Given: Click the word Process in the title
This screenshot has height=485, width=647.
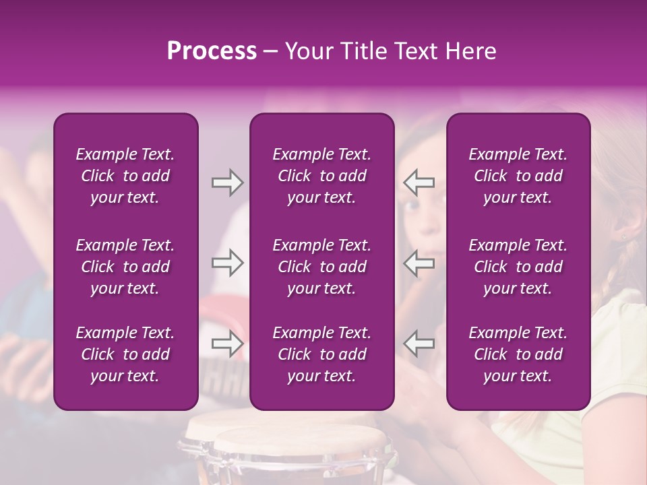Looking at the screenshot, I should (x=212, y=51).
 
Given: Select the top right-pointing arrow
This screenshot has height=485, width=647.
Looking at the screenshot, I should (x=227, y=183).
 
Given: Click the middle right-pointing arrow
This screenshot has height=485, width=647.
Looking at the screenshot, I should (x=227, y=263).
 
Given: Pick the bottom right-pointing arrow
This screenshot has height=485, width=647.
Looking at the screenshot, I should (x=227, y=344).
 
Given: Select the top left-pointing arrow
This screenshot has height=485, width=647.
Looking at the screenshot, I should (x=419, y=183).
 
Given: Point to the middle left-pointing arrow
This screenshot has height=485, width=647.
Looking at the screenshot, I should (x=419, y=263).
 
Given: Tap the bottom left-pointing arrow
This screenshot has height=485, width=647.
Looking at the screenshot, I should (x=419, y=344).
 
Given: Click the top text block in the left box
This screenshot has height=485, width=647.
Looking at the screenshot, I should (x=125, y=176).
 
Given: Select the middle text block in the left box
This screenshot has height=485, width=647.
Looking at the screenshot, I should (x=125, y=267).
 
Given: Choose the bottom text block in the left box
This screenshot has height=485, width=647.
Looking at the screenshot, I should (x=125, y=354).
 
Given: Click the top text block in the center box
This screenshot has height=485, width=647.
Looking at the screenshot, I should (x=321, y=176).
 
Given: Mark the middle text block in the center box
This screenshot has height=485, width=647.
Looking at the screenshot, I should (x=321, y=267).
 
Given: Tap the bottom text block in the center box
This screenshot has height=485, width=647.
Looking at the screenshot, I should (x=321, y=354).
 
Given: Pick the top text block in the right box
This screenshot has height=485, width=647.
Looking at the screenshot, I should (x=518, y=176).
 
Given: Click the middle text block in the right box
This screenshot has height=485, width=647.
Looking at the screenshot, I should (x=518, y=267).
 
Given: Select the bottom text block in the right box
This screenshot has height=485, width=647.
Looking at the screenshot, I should (x=518, y=354).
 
